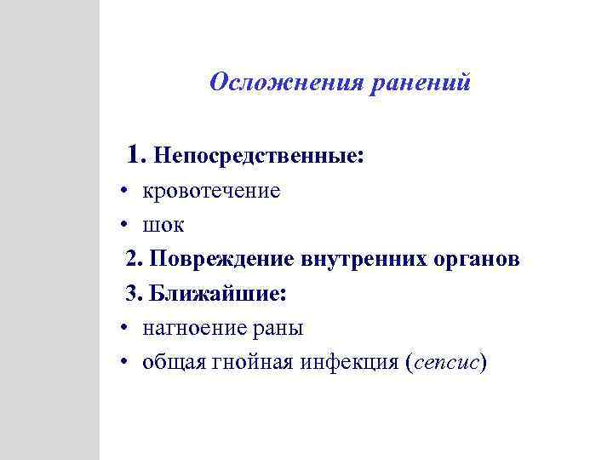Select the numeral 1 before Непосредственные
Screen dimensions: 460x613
132,155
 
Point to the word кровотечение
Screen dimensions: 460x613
211,191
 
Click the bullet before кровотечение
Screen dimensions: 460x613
124,191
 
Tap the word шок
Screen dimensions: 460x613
163,225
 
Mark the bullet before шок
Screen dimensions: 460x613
124,225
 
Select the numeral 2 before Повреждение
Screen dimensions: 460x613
132,259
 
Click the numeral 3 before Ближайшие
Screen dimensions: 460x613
132,293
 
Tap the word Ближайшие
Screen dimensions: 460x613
218,293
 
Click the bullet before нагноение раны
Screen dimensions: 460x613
124,328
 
